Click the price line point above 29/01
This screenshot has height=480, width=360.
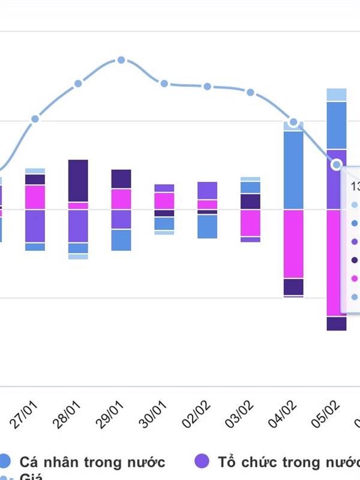pos(121,60)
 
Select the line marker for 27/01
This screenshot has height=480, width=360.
pos(35,119)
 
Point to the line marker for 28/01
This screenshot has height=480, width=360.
pos(78,83)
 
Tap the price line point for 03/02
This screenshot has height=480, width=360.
pos(250,92)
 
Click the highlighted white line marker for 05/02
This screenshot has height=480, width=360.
pos(337,164)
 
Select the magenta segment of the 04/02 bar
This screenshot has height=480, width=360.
pos(293,244)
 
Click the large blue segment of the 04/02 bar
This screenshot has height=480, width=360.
pos(293,170)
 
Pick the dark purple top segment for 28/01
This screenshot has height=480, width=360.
pos(78,180)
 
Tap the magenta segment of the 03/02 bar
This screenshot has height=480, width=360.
pos(250,223)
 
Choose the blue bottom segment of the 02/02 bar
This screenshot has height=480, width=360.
pos(207,226)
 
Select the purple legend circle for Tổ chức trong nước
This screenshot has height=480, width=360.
pos(202,461)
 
